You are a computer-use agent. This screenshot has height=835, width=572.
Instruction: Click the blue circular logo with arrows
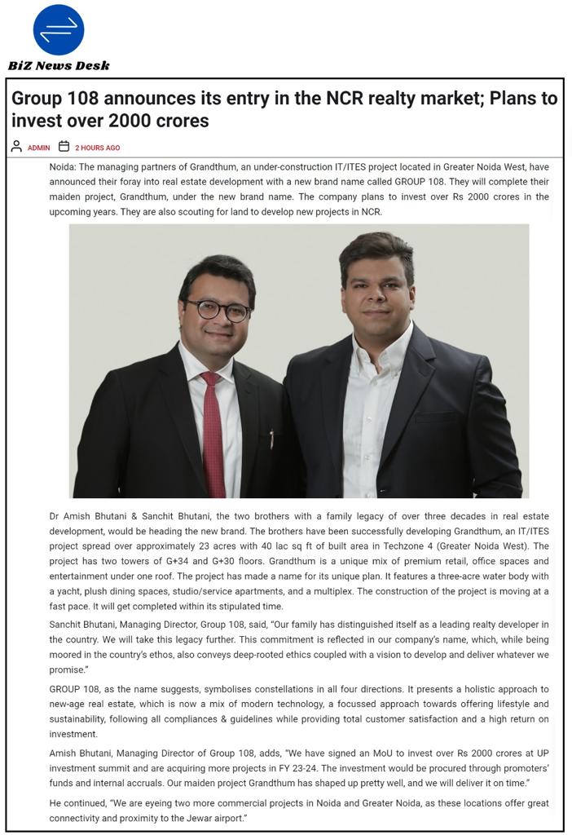58,30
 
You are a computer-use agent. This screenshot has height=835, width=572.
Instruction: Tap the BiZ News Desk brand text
59,65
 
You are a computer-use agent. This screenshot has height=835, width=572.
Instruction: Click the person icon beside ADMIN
16,147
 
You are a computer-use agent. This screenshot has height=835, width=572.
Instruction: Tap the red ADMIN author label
38,148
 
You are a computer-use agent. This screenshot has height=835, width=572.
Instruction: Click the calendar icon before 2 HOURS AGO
64,147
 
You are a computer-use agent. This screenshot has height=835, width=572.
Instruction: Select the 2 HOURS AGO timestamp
97,148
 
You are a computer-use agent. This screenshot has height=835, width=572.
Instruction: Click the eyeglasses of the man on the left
218,310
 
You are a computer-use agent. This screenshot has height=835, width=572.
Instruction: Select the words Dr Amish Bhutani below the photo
84,517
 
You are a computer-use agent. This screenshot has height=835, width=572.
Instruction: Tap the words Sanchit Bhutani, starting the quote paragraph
84,625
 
